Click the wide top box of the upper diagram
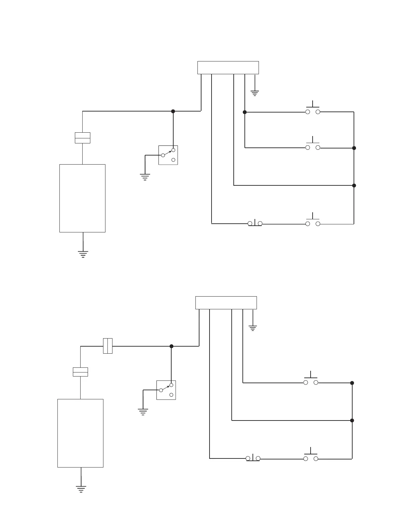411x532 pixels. pos(228,68)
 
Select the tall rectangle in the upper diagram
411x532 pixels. pos(82,198)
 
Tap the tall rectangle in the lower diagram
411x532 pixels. pos(80,433)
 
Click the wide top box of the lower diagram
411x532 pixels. pos(226,303)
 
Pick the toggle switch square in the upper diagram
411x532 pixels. pos(168,155)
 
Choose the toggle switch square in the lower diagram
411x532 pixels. pos(166,390)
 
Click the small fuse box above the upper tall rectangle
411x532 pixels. pos(82,138)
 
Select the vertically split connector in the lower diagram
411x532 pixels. pos(107,346)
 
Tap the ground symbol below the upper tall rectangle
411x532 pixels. pos(83,254)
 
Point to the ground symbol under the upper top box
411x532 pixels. pos(255,93)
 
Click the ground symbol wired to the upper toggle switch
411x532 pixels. pos(145,177)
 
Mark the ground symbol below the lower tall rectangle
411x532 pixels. pos(81,489)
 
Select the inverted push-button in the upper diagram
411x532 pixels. pos(255,223)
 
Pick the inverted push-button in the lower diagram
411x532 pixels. pos(253,458)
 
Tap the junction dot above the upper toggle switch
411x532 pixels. pos(173,111)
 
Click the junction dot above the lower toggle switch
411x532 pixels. pos(171,346)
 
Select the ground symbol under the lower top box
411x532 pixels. pos(253,328)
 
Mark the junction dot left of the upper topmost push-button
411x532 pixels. pos(245,112)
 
